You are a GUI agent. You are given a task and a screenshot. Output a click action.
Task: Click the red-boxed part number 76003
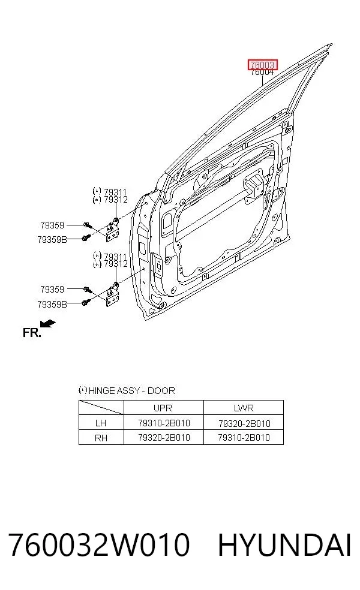262,65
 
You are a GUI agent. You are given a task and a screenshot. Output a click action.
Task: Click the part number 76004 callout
262,72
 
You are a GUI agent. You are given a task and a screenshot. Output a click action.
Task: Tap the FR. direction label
32,333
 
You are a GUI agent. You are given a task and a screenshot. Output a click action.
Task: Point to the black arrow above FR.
47,323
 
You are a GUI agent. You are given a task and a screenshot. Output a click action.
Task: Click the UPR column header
163,408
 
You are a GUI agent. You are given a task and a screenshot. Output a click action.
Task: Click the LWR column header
244,408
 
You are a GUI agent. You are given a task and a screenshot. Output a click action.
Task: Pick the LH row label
101,423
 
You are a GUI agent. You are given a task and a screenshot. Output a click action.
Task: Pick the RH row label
101,438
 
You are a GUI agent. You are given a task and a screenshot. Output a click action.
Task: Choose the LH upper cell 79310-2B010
164,423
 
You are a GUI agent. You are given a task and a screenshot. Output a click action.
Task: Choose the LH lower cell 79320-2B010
244,423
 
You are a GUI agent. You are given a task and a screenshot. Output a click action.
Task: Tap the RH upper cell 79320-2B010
164,438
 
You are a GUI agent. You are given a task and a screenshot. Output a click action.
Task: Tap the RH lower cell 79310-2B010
244,438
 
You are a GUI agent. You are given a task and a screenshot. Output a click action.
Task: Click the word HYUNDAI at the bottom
284,544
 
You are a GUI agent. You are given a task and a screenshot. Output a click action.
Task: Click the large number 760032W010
99,544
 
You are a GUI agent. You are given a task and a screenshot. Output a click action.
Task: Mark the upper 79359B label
52,239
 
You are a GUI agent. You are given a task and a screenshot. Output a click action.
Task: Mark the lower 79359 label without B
52,289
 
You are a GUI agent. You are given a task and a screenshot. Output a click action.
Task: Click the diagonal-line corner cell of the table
101,408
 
